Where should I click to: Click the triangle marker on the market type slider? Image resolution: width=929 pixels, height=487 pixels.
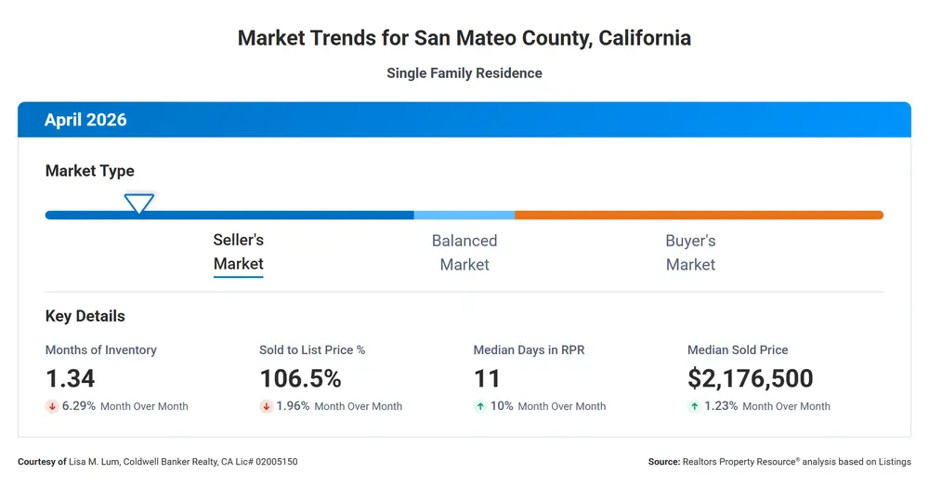coord(139,204)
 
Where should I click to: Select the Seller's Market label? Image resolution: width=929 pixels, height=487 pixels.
coord(238,252)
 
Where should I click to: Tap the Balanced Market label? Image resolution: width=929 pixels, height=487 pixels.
coord(464,253)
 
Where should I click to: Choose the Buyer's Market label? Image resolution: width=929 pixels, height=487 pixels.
coord(691,253)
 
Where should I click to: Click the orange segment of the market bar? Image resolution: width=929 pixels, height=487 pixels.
coord(700,215)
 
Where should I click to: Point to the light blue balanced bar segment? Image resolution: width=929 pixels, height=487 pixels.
coord(464,215)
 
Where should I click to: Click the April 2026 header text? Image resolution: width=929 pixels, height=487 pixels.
coord(85,120)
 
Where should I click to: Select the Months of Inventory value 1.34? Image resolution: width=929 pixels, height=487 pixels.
coord(70,378)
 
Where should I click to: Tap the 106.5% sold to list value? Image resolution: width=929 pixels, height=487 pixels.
coord(300,378)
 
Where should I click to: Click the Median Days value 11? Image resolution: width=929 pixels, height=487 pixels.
coord(487,378)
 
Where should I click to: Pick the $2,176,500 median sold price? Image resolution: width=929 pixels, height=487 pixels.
coord(750,378)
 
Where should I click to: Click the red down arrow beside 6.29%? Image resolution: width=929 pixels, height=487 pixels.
coord(52,406)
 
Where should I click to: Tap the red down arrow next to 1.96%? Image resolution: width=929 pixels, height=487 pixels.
coord(266,406)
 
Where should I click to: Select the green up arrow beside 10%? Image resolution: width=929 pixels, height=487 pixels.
coord(480,406)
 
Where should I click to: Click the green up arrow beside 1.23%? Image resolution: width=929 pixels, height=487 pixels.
coord(694,406)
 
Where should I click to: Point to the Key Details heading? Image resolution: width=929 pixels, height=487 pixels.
coord(85,316)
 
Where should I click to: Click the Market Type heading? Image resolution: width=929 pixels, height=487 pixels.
coord(89,171)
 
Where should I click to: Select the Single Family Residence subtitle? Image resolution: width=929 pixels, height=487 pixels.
coord(464,72)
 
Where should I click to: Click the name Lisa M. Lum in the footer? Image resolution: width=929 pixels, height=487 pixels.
coord(94,462)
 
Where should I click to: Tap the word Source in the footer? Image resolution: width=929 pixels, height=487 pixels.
coord(663,462)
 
